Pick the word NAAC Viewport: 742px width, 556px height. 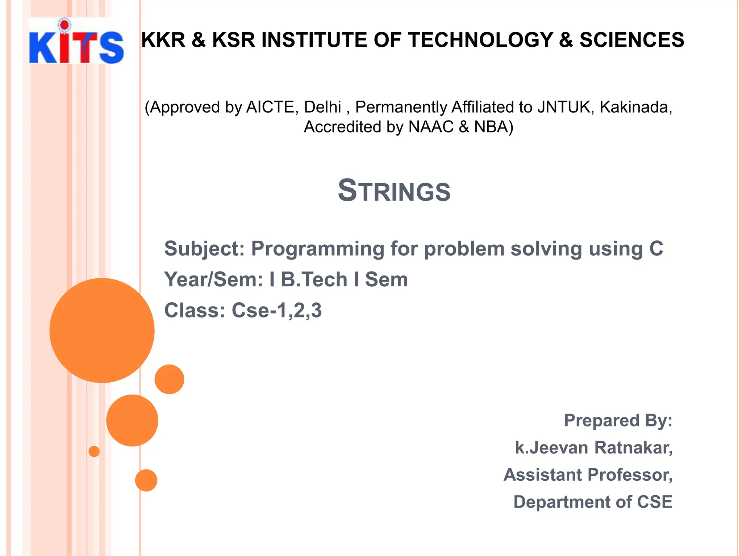pyautogui.click(x=431, y=127)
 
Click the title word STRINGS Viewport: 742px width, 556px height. pyautogui.click(x=394, y=191)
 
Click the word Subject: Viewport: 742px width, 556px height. pyautogui.click(x=205, y=249)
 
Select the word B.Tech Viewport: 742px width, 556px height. pyautogui.click(x=314, y=279)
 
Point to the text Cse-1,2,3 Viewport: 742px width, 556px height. pyautogui.click(x=276, y=310)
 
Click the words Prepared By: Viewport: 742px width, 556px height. pyautogui.click(x=618, y=421)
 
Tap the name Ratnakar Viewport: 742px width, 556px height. pyautogui.click(x=633, y=448)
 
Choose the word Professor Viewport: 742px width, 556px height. pyautogui.click(x=630, y=475)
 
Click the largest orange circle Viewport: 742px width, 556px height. pyautogui.click(x=102, y=330)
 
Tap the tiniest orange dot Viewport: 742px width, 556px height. pyautogui.click(x=94, y=451)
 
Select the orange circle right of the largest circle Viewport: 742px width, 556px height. pyautogui.click(x=169, y=379)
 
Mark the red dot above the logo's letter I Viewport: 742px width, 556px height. pyautogui.click(x=64, y=25)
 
